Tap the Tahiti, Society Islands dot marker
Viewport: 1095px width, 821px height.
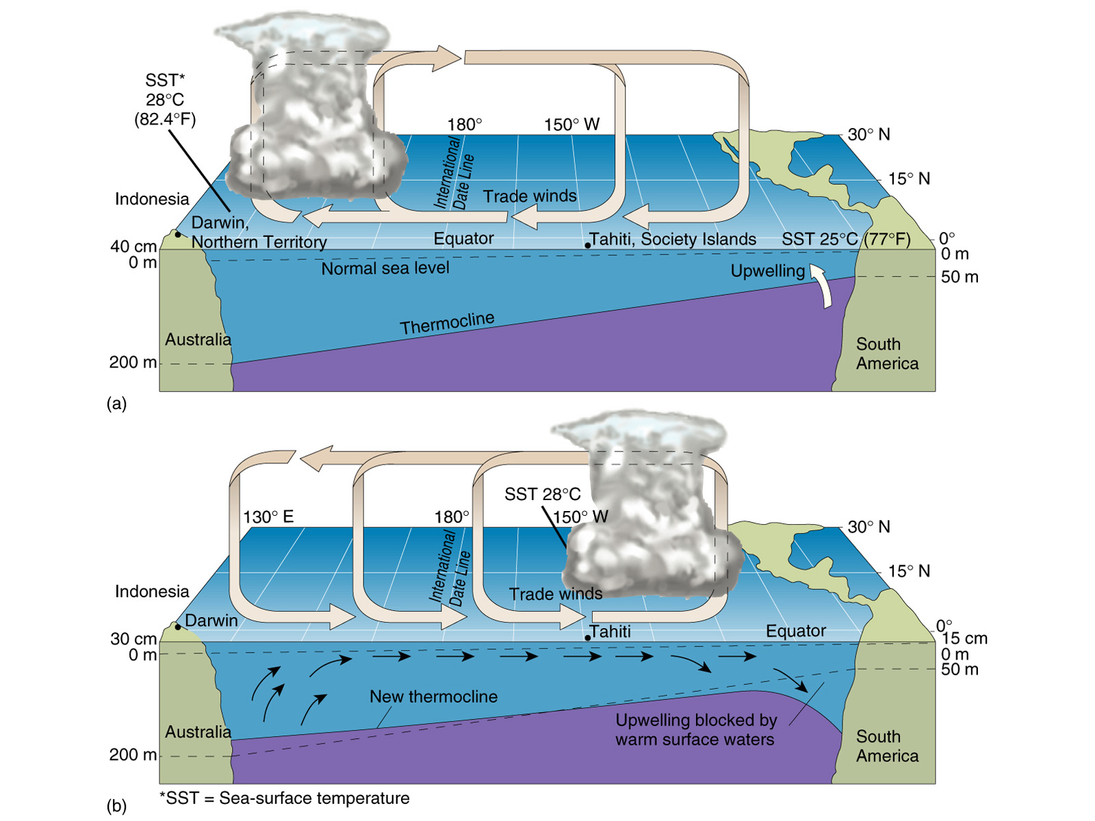coord(588,245)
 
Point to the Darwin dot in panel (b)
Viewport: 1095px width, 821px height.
coord(178,627)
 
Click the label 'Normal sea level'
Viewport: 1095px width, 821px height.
coord(385,268)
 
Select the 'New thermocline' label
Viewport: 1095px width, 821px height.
coord(433,696)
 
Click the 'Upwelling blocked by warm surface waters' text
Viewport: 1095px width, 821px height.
coord(695,729)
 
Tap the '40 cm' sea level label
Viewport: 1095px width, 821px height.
coord(133,246)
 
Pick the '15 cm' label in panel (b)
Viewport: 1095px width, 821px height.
coord(964,638)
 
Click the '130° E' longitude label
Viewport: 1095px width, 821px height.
coord(268,517)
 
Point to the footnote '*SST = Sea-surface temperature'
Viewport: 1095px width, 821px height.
coord(284,798)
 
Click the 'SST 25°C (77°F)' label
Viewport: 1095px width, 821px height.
coord(846,239)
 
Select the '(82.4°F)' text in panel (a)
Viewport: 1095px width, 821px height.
coord(165,119)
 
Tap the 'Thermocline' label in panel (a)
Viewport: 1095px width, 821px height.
coord(447,324)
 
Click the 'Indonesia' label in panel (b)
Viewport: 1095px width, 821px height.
coord(152,591)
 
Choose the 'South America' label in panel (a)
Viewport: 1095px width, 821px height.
coord(887,354)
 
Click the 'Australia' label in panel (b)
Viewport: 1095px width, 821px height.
coord(198,731)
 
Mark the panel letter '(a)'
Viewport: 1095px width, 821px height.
coord(116,403)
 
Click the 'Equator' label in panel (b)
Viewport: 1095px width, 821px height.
coord(795,631)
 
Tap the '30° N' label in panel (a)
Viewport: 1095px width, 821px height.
coord(868,134)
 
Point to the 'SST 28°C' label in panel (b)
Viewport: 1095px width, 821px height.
coord(542,494)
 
